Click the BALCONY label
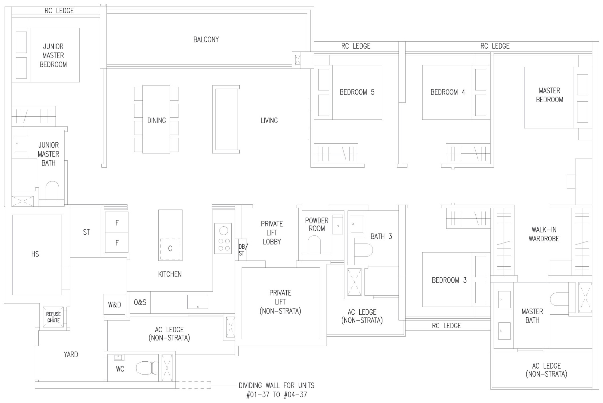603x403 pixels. [x=206, y=39]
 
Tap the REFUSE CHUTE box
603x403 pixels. [x=53, y=317]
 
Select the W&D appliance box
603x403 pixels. [x=114, y=305]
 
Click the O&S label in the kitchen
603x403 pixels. [x=140, y=302]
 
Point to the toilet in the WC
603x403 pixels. [x=145, y=368]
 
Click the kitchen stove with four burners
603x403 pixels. [x=223, y=238]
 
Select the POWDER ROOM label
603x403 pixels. [x=317, y=224]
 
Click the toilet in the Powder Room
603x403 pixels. [x=314, y=245]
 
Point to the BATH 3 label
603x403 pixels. [x=381, y=236]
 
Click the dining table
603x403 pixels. [x=156, y=119]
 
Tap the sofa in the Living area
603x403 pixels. [x=226, y=120]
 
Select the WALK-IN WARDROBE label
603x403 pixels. [x=544, y=234]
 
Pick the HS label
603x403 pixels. [x=35, y=254]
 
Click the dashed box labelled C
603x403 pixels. [x=170, y=249]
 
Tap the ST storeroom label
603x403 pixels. [x=86, y=232]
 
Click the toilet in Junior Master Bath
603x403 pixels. [x=52, y=191]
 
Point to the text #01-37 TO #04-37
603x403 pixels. [x=276, y=395]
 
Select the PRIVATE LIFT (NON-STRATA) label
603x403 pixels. [x=280, y=302]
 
